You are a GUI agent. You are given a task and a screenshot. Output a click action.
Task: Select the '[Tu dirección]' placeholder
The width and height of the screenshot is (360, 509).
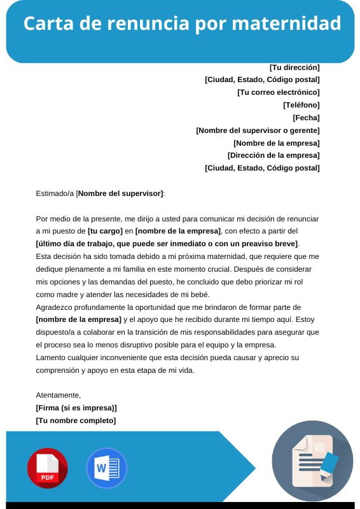[x=294, y=67]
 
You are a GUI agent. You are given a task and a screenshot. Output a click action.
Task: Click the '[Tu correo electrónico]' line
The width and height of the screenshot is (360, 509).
[x=278, y=92]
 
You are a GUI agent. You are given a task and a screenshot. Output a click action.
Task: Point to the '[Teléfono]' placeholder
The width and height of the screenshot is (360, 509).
[x=301, y=105]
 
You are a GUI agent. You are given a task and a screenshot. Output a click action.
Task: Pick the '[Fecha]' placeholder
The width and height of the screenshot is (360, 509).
[x=306, y=118]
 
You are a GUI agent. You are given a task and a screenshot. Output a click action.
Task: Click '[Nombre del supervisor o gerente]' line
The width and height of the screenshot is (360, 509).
[x=258, y=130]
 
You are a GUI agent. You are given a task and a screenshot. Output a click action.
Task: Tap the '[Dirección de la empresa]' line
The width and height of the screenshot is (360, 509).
[x=273, y=155]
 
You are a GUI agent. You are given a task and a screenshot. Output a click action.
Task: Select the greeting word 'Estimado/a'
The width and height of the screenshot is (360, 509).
[x=55, y=193]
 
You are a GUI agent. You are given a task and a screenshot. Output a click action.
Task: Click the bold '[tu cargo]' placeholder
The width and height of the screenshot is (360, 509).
[x=105, y=231]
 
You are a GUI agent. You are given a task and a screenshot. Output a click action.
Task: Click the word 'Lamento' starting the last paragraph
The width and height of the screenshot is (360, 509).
[x=51, y=358]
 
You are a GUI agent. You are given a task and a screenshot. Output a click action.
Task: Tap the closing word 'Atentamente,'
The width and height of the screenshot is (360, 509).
[x=59, y=395]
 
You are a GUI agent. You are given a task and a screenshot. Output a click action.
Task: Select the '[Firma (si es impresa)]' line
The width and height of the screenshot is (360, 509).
[x=76, y=408]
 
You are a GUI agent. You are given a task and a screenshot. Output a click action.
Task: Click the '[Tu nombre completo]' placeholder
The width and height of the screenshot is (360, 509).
[x=76, y=421]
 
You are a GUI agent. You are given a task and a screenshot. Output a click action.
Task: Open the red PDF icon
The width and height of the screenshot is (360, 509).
[x=47, y=468]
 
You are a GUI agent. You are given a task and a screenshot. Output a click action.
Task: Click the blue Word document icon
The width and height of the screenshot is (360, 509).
[x=106, y=468]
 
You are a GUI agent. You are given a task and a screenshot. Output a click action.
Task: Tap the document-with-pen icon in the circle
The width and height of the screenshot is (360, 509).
[x=312, y=460]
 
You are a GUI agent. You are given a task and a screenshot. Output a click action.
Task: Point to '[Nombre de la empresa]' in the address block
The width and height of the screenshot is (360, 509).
[x=276, y=143]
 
